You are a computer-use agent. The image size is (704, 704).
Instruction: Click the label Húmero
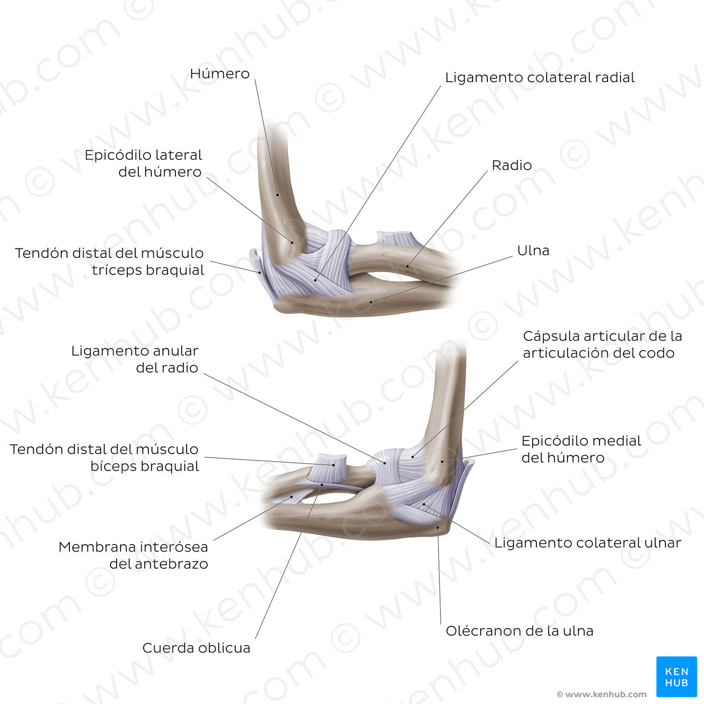[219, 74]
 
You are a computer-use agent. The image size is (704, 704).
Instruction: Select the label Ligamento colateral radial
[540, 77]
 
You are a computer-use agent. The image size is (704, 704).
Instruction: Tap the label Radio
[511, 165]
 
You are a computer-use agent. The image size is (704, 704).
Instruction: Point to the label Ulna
[533, 250]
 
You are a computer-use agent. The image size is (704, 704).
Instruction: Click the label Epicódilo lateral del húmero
[143, 163]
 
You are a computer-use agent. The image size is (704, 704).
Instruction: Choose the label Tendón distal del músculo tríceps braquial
[109, 261]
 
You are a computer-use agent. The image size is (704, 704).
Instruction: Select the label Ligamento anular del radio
[135, 359]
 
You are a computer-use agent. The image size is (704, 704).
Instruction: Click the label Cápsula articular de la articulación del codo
[602, 344]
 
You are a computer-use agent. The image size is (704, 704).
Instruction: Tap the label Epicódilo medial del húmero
[581, 449]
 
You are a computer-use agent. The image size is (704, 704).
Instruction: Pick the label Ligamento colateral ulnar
[587, 543]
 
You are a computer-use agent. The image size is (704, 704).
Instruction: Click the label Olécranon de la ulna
[519, 631]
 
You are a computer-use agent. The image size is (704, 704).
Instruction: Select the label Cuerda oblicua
[196, 648]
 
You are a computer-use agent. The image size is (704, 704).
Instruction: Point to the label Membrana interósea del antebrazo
[133, 555]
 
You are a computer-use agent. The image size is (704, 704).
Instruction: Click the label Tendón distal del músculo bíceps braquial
[104, 457]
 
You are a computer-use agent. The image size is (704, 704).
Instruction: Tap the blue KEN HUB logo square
[676, 676]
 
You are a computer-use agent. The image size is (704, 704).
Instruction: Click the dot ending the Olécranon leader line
[438, 527]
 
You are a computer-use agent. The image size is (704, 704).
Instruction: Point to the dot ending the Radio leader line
[408, 265]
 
